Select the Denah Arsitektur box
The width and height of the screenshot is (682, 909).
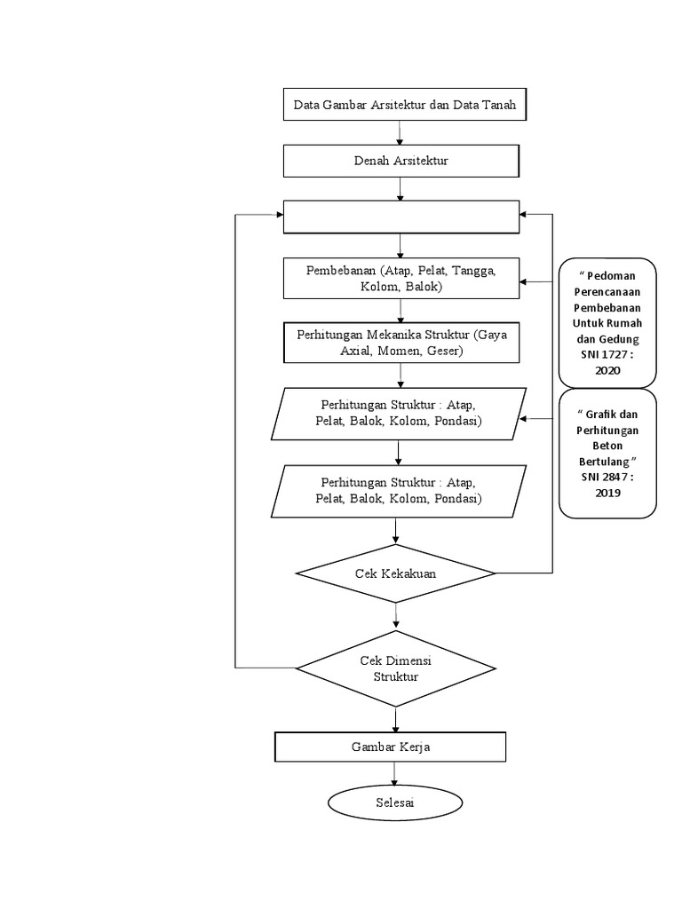coord(400,161)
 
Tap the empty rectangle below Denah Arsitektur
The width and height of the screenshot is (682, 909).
coord(400,217)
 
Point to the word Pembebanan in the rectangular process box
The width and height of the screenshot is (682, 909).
coord(333,270)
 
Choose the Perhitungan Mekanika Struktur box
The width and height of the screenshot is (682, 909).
coord(400,343)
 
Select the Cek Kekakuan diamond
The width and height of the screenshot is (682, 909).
coord(395,573)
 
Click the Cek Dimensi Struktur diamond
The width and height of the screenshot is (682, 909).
coord(395,668)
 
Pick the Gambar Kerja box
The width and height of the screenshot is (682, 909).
coord(391,747)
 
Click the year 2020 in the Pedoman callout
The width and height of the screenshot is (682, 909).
coord(607,370)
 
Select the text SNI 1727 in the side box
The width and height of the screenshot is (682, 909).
coord(600,355)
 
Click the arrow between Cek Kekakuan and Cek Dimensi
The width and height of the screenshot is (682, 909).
coord(396,614)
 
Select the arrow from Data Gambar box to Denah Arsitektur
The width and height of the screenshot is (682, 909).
coord(400,133)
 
